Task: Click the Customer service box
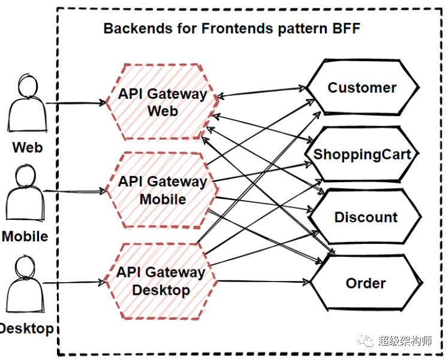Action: [x=362, y=87]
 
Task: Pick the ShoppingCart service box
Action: [x=362, y=154]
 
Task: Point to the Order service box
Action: [x=366, y=283]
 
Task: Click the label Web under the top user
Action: [x=28, y=147]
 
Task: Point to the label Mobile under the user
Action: [x=25, y=236]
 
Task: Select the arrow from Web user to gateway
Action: [x=75, y=103]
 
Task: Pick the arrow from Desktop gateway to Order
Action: [x=264, y=282]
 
